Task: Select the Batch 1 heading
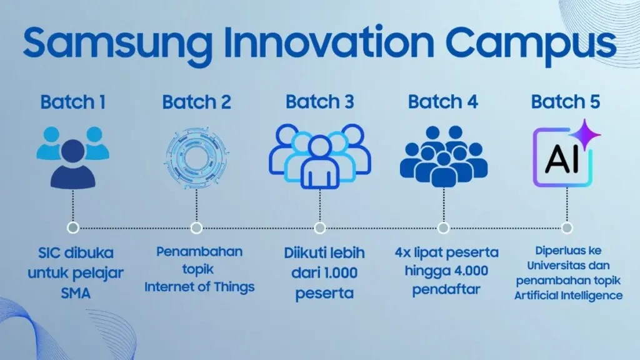72,102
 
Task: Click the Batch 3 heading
319,102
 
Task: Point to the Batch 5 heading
566,102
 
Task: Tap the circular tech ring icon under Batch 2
196,157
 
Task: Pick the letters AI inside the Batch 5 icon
561,160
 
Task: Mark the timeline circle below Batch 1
74,227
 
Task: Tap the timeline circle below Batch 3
319,227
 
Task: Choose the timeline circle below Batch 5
567,227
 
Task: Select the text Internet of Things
199,287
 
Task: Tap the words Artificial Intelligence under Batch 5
568,294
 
